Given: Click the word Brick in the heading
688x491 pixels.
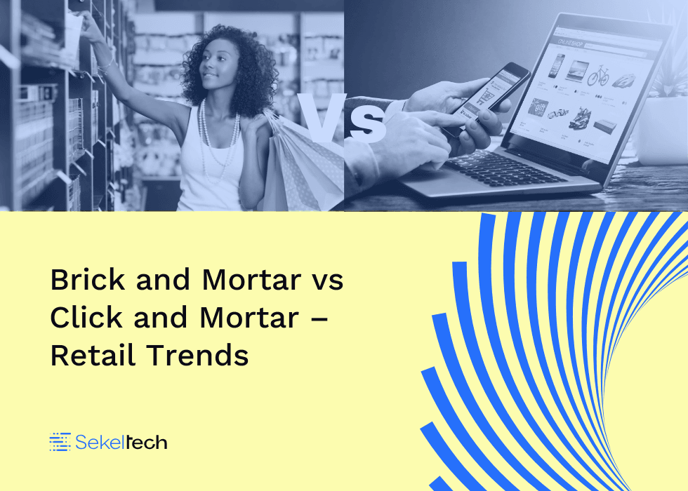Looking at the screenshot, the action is [x=87, y=279].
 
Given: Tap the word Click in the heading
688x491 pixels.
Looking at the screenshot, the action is [x=86, y=317].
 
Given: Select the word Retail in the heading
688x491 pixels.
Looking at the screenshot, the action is [x=93, y=355].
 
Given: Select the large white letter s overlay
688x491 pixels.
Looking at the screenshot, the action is [x=368, y=125].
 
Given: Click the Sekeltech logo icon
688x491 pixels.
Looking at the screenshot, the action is [x=60, y=442].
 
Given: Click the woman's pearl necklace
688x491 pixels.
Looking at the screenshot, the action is [x=219, y=140].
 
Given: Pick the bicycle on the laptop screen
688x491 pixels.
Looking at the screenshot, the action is [x=598, y=76].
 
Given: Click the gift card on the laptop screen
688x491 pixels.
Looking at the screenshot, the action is [x=538, y=108].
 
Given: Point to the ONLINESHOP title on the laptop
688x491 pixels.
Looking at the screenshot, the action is [x=570, y=43].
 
